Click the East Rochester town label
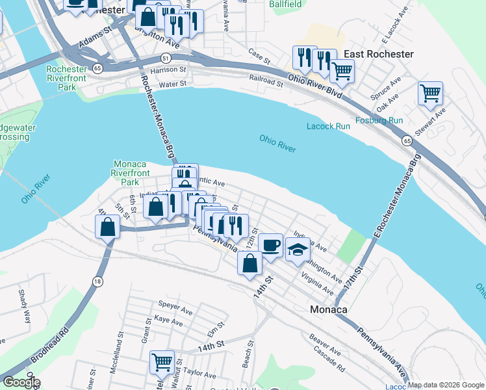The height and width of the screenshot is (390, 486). pos(379,54)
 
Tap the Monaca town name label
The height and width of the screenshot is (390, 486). pos(328,310)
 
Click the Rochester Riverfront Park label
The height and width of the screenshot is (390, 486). pos(67,78)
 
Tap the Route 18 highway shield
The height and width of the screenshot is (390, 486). pos(97,281)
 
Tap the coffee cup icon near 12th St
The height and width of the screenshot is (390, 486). pos(270,244)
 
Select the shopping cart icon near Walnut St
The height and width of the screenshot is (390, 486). pos(162,361)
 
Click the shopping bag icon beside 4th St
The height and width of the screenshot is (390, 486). pos(107,227)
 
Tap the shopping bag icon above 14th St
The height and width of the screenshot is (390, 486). pos(250,263)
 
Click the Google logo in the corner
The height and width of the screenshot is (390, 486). pos(21,382)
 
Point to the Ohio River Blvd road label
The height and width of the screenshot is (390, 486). pos(315,84)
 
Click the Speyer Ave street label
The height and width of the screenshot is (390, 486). pos(173,304)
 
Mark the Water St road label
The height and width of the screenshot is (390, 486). pos(173,84)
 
